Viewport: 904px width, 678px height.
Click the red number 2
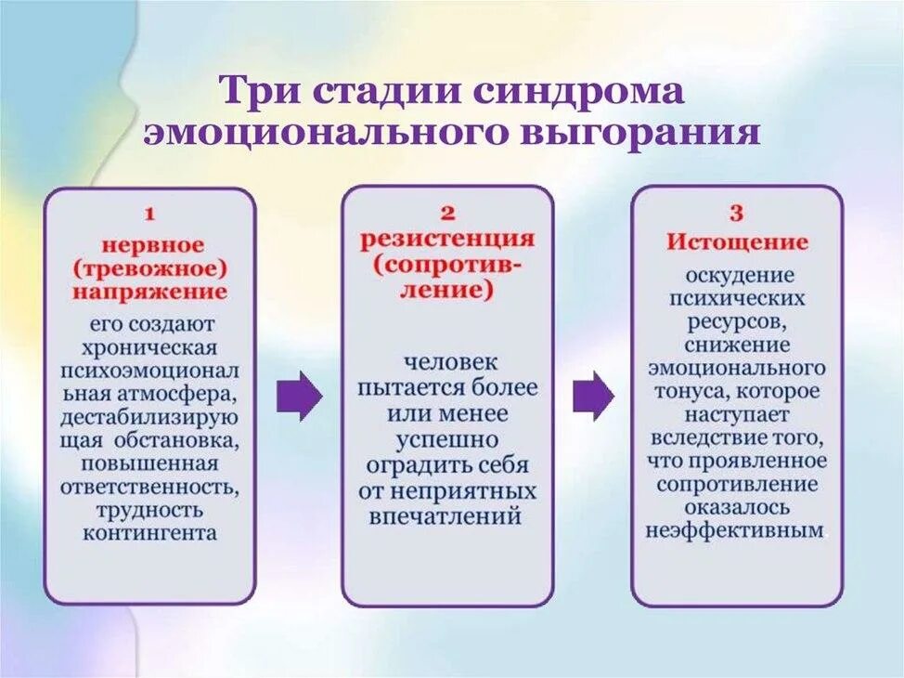[x=446, y=214]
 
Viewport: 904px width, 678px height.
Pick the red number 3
[x=736, y=214]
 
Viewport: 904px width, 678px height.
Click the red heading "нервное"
[x=150, y=245]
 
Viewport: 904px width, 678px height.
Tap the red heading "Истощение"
[x=737, y=242]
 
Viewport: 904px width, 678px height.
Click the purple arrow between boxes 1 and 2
[x=299, y=397]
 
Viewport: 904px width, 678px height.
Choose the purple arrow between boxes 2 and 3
[x=592, y=397]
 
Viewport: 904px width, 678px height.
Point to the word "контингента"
[x=149, y=533]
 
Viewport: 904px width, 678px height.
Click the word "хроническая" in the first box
[x=149, y=347]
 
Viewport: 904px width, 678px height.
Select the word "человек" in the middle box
[x=447, y=362]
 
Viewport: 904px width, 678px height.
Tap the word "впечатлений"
[x=447, y=516]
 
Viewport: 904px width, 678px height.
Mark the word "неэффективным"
[x=735, y=531]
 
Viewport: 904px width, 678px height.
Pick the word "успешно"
[x=447, y=439]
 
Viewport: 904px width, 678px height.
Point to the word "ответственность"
[x=149, y=487]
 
